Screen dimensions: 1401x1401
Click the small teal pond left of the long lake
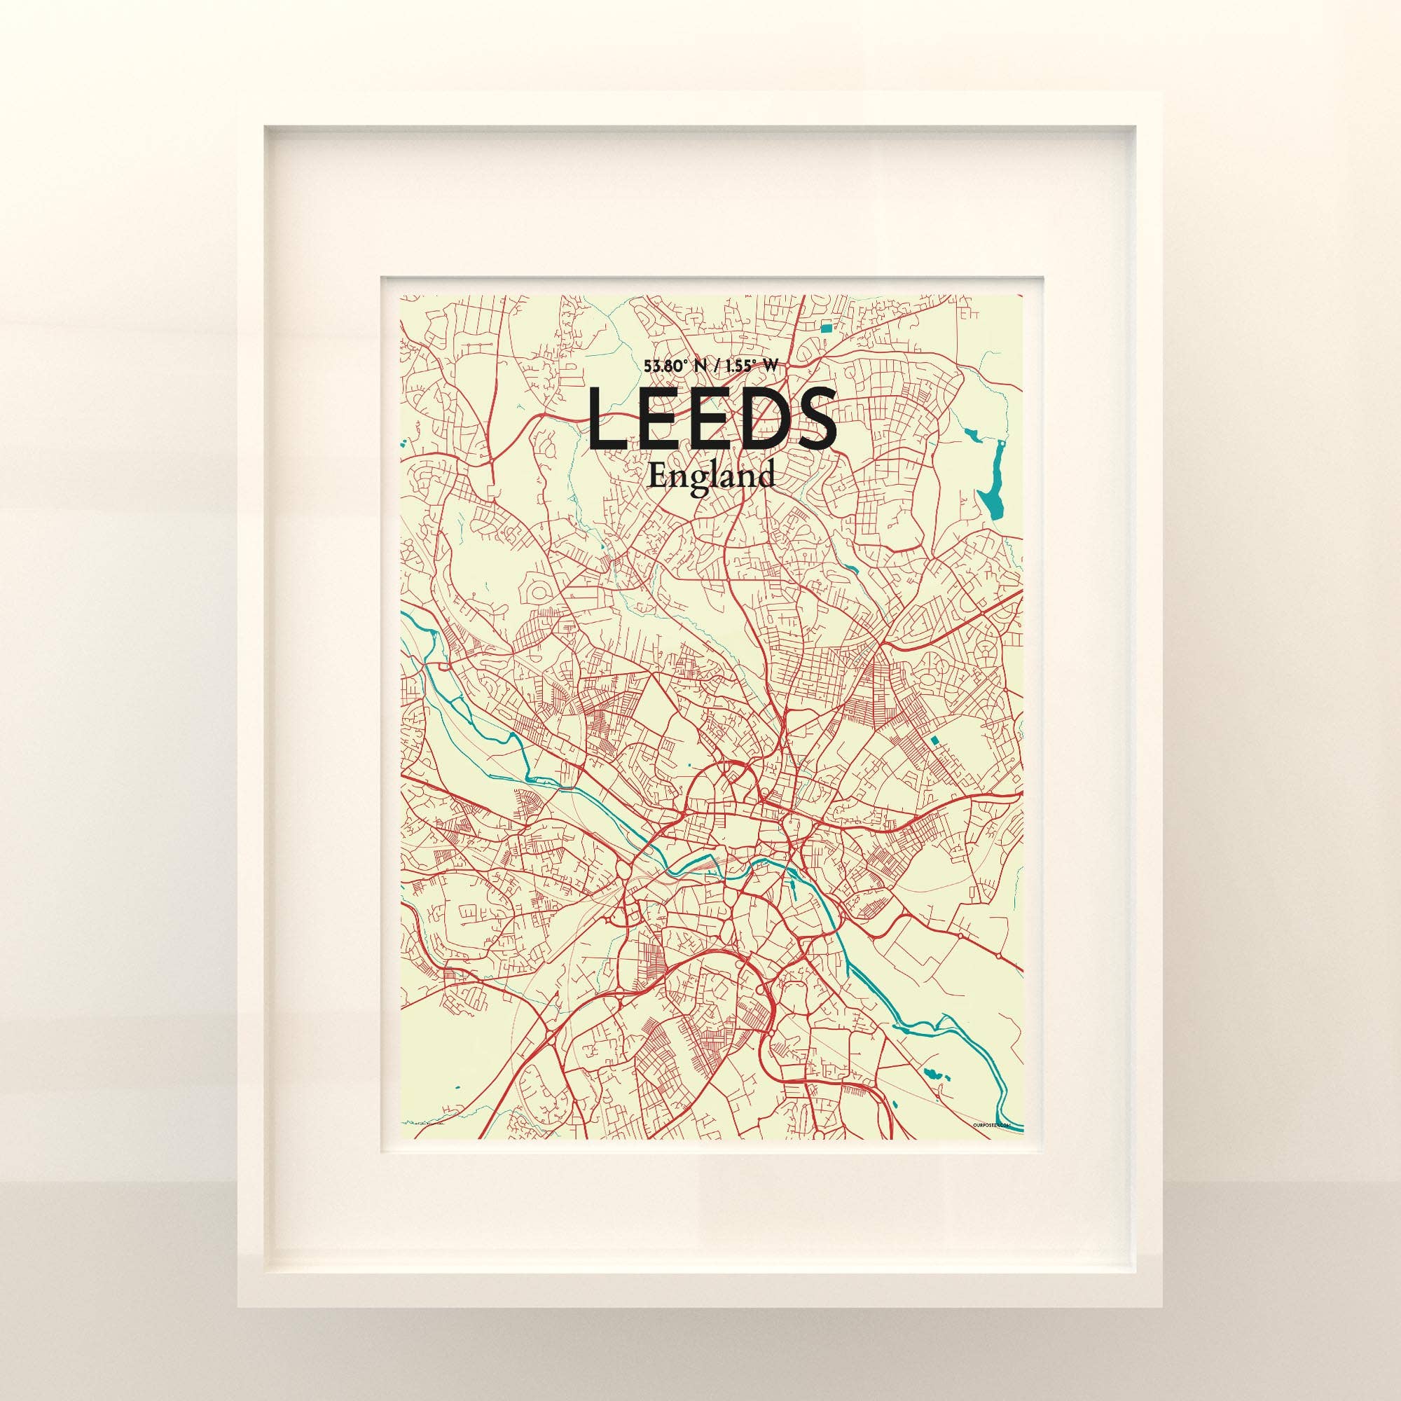tap(971, 436)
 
